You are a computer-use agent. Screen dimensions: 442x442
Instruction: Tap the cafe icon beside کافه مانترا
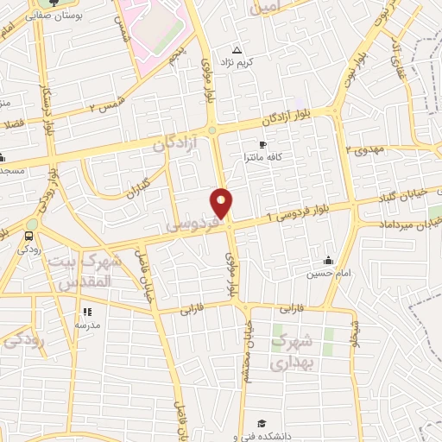(262, 143)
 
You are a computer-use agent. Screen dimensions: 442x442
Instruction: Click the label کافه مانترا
(262, 158)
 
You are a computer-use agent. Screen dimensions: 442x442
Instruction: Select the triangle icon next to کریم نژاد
(237, 50)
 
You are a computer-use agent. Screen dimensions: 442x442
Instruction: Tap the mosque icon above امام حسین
(328, 260)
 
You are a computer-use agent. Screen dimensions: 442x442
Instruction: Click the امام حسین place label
(328, 274)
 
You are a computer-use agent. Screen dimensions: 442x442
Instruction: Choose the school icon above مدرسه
(86, 312)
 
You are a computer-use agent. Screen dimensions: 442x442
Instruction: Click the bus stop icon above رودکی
(30, 235)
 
